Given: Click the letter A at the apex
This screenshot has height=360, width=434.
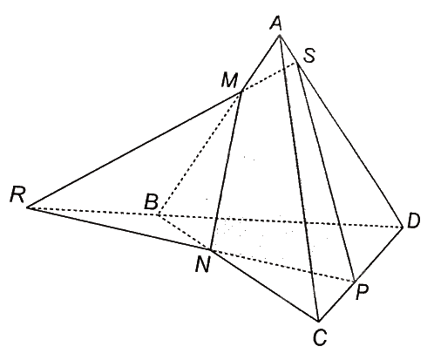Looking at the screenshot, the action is [276, 24].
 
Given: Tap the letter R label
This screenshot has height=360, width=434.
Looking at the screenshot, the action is [17, 194].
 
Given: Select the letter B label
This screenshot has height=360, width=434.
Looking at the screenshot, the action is [152, 201].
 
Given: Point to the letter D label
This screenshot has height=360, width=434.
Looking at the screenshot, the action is [414, 221].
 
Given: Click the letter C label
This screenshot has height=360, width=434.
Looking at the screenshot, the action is [320, 338].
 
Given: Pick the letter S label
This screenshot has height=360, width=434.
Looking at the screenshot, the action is [309, 55].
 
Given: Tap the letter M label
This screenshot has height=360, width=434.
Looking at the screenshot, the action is [229, 80].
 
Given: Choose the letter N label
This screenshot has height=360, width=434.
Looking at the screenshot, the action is [203, 265].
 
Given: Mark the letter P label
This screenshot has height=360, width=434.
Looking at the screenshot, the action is [363, 292].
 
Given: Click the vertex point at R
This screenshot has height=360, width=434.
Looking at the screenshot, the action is [27, 207].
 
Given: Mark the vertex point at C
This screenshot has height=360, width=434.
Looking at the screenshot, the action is [318, 321].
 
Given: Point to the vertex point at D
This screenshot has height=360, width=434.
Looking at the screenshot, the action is [403, 228].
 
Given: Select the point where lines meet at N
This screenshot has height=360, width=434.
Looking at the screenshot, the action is [210, 249].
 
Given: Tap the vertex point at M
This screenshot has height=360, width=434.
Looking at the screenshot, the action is [241, 92].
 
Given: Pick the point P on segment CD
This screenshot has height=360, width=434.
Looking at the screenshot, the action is [354, 281].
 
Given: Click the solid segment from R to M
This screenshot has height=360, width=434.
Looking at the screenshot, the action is [134, 150].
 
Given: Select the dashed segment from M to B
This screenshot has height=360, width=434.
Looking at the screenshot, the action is [200, 153].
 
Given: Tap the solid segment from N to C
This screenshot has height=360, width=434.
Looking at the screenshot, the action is [264, 285].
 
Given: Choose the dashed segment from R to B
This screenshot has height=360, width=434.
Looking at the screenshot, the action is [92, 211].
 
